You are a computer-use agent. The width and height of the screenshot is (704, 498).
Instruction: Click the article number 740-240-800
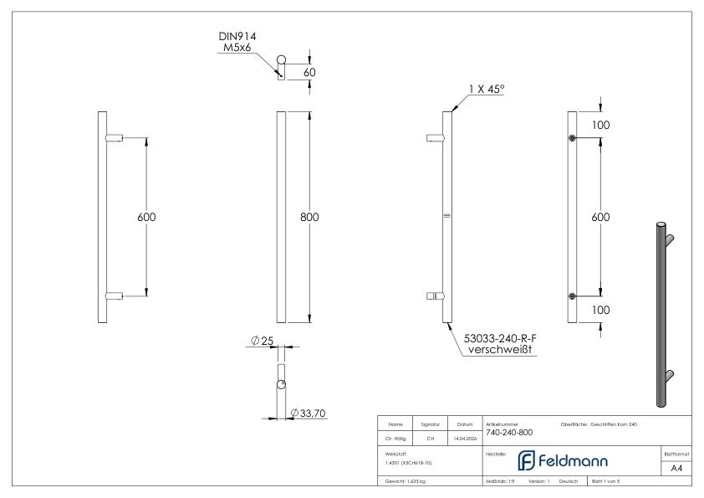508,433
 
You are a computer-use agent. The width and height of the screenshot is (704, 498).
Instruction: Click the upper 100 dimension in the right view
600,125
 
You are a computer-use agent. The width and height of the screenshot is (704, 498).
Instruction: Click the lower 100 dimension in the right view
600,310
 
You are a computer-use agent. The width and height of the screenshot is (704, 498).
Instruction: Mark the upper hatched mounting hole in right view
572,138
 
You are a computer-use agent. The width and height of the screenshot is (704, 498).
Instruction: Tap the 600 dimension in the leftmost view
146,217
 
